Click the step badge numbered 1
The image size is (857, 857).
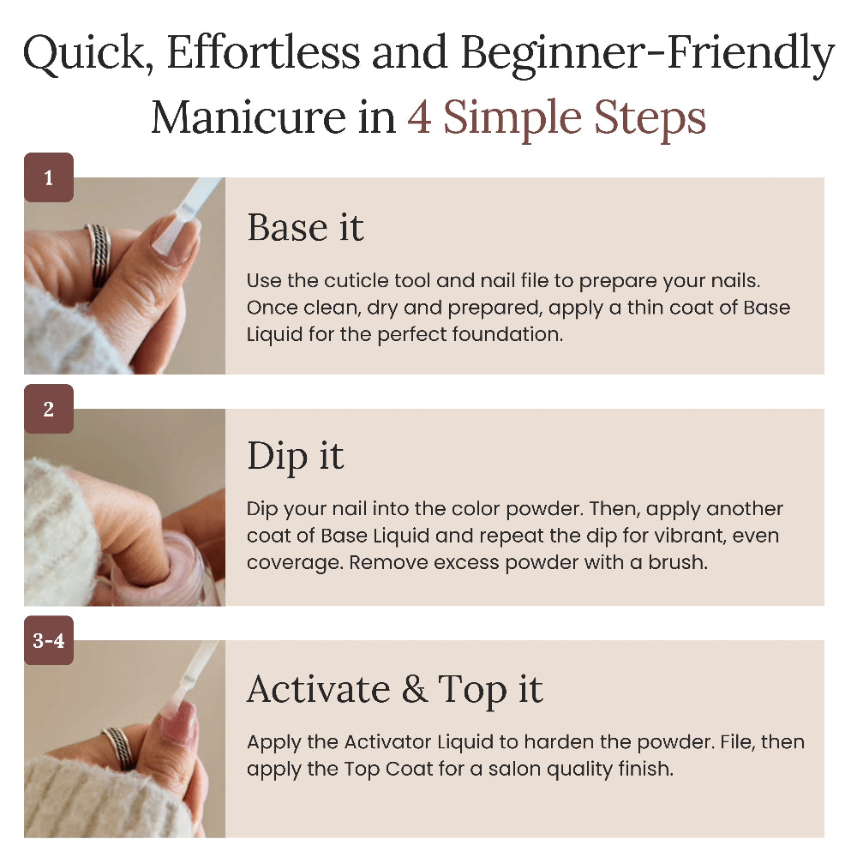tap(49, 177)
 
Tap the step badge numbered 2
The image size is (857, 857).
tap(49, 409)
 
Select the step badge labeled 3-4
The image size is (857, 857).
tap(49, 640)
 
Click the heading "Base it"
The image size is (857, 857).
tap(305, 227)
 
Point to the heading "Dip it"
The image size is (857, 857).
tap(295, 458)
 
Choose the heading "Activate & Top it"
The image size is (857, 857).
tap(394, 690)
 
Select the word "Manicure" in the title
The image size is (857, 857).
tap(249, 117)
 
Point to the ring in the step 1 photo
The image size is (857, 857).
tap(99, 255)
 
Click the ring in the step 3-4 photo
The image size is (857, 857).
tap(120, 747)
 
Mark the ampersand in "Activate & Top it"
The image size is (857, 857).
tap(415, 690)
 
